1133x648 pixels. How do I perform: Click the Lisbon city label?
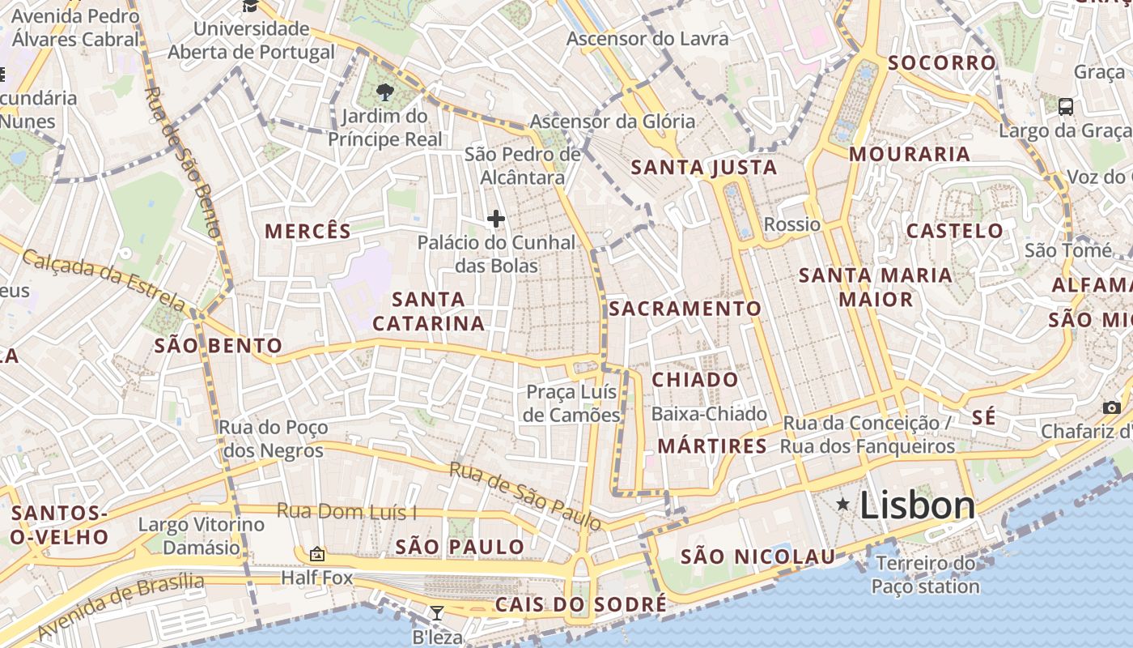pos(917,505)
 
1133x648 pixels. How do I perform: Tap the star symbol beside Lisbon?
pos(843,505)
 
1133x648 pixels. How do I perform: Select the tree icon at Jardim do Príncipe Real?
pos(385,92)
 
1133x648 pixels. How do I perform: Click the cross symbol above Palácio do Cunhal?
pos(496,219)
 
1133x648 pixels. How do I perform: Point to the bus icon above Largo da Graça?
pos(1066,106)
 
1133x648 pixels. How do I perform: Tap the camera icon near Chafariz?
pos(1111,407)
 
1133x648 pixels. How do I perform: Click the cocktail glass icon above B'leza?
pos(437,612)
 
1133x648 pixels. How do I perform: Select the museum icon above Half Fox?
pos(316,555)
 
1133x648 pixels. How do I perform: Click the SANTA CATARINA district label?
pos(428,312)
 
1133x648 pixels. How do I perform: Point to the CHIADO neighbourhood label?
pos(695,380)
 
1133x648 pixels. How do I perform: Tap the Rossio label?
pos(791,224)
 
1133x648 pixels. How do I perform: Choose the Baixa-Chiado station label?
pos(709,414)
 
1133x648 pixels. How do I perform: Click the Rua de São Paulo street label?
pos(525,497)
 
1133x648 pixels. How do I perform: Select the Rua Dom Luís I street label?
pos(347,512)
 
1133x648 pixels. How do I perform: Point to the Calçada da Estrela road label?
pos(104,280)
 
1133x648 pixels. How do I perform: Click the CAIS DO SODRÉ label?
pos(581,604)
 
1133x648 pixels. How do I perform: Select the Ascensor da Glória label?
pos(613,122)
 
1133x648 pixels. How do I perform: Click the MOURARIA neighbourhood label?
pos(909,154)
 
